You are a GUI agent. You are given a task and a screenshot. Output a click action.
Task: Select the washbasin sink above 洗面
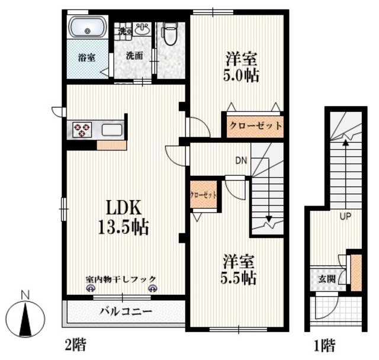click(x=141, y=29)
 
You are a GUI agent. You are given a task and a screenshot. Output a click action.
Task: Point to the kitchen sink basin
click(x=112, y=130)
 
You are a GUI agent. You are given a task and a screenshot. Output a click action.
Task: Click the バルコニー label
click(x=126, y=311)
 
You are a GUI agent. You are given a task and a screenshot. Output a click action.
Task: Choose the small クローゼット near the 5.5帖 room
click(x=203, y=194)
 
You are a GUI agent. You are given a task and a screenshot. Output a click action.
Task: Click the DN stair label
click(x=241, y=160)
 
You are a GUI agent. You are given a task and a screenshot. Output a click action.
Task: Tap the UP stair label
click(x=345, y=216)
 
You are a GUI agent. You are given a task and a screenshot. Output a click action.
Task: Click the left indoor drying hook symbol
click(x=91, y=288)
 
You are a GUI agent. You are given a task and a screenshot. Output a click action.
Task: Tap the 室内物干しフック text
click(x=120, y=278)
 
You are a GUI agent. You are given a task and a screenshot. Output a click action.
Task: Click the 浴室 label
click(x=87, y=58)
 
